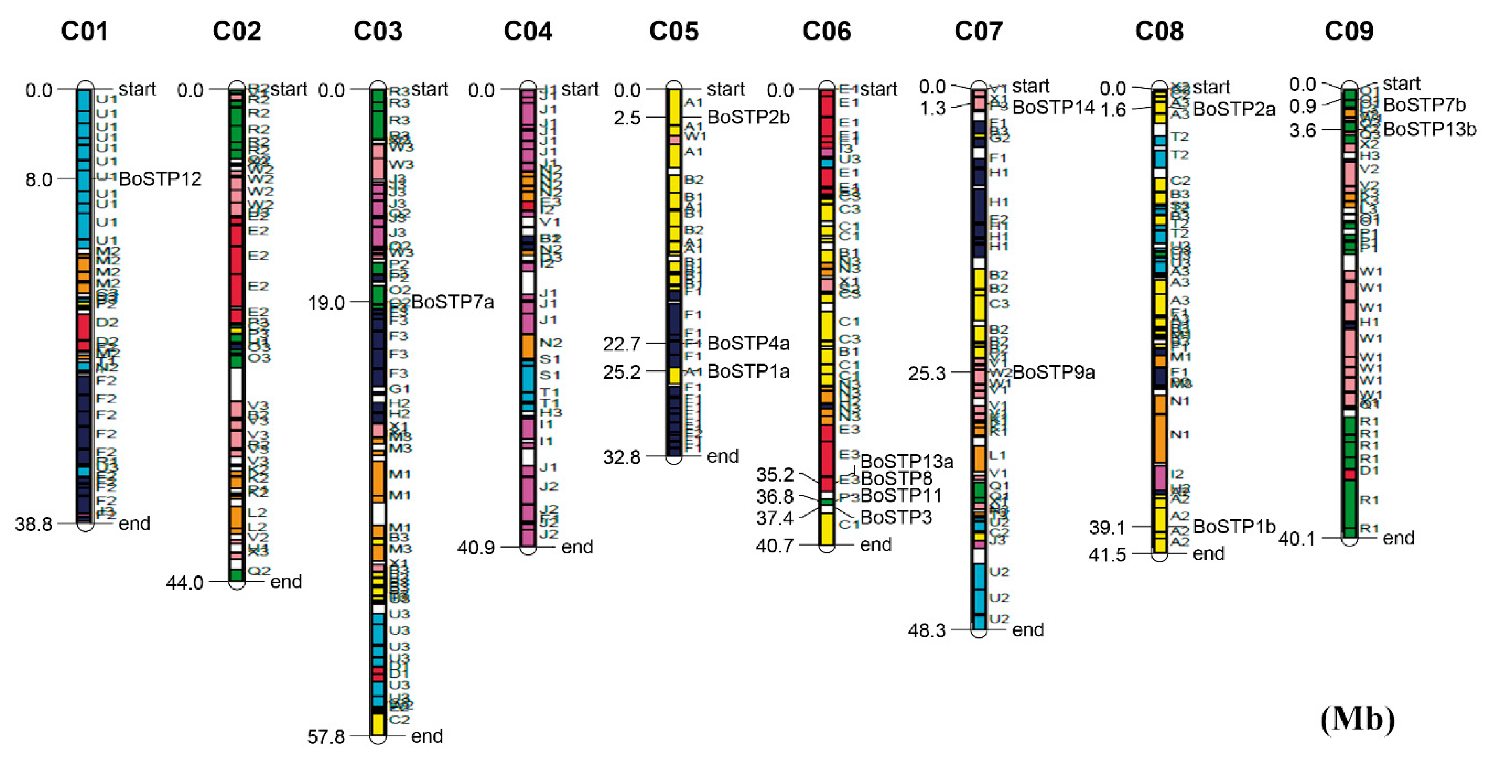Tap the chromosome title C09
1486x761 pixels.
pos(1349,31)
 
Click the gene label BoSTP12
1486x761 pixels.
pos(160,179)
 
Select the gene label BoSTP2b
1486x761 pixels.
pos(748,117)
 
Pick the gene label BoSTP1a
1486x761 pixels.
pos(748,371)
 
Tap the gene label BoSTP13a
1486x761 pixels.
pos(906,461)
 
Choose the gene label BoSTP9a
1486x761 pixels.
pos(1053,372)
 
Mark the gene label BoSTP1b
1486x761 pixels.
pos(1234,526)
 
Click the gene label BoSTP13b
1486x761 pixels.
pos(1429,129)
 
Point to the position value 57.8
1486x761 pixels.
pos(326,737)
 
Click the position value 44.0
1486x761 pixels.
pos(185,583)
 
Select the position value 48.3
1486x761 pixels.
pos(926,630)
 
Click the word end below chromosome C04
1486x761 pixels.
pos(577,546)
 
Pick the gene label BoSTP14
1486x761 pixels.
pos(1053,108)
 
